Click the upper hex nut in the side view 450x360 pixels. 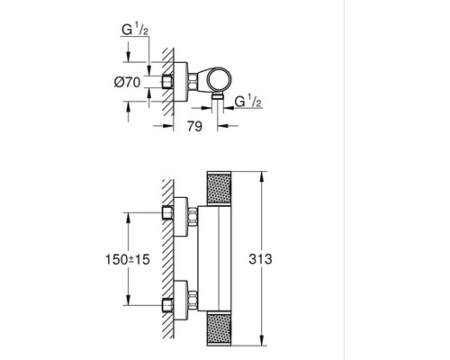193,215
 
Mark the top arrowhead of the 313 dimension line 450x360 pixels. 262,171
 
